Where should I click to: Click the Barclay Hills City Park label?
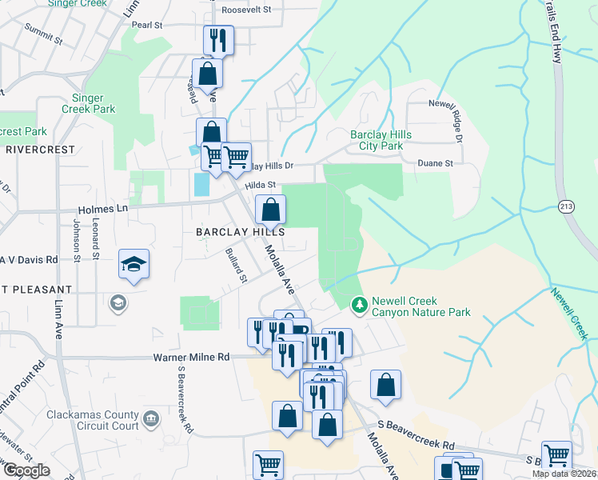pos(381,141)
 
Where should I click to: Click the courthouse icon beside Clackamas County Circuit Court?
pos(150,418)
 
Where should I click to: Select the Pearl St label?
pos(147,26)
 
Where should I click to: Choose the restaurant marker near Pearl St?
pos(217,39)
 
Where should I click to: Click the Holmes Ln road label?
pos(110,208)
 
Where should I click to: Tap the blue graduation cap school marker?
pos(134,264)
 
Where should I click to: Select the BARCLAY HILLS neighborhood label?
pos(240,231)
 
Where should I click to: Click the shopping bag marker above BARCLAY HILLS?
pos(271,210)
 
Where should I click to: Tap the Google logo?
pos(26,470)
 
